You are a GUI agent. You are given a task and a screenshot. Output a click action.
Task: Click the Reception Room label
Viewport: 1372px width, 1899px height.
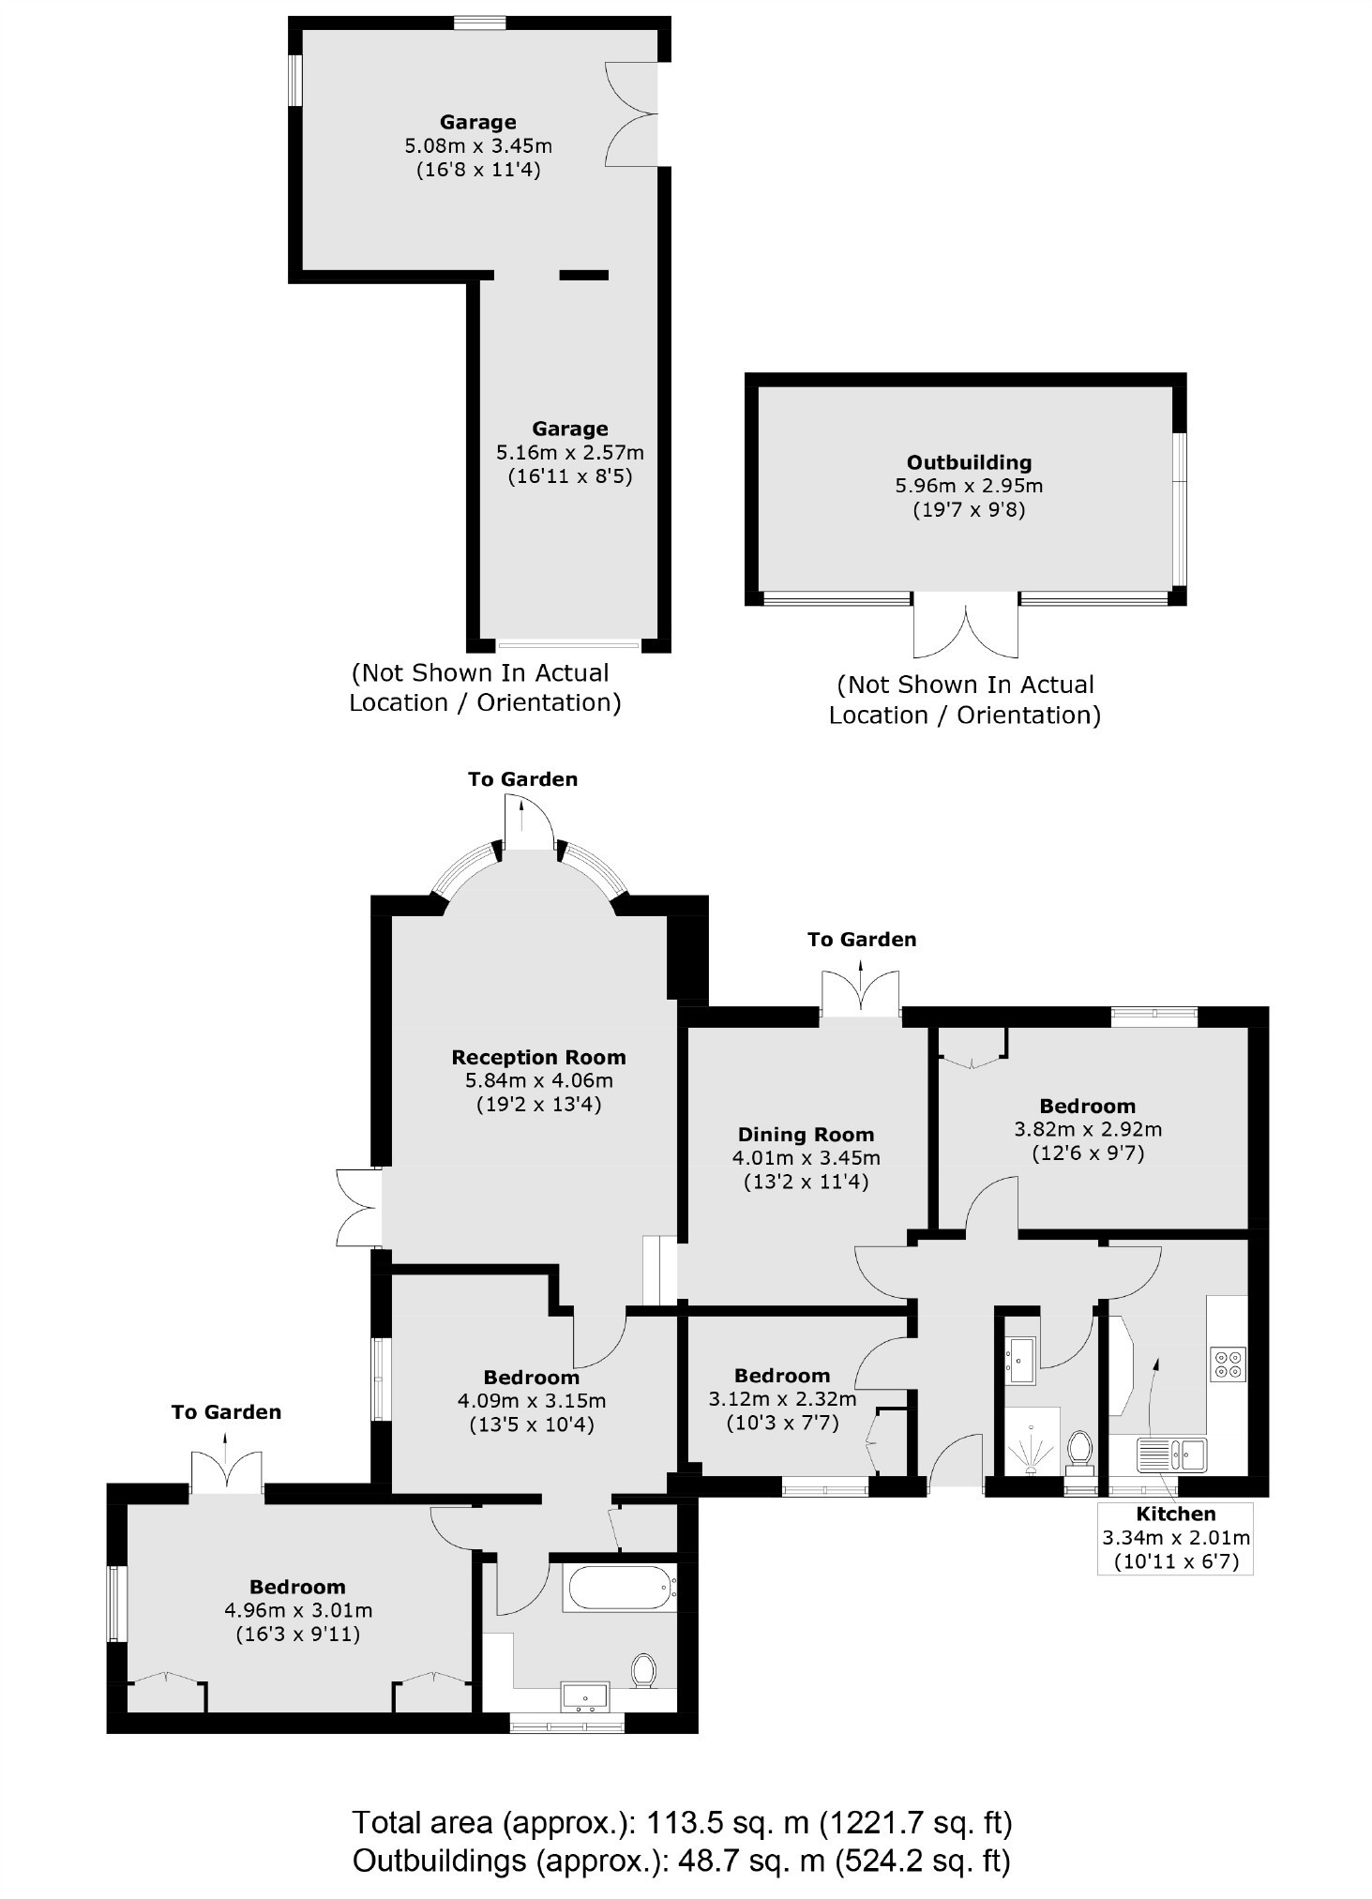point(538,1058)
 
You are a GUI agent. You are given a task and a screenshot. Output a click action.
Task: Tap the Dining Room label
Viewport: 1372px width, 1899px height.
point(806,1135)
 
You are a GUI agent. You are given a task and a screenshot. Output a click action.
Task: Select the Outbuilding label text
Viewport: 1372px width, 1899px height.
point(969,462)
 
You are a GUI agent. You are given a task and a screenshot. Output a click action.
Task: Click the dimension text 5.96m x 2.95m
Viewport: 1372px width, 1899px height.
point(969,486)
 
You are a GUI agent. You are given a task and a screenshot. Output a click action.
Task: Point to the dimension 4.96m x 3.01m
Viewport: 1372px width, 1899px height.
point(298,1611)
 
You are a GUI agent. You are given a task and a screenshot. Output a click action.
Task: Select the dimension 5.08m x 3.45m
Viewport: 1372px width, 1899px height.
point(478,145)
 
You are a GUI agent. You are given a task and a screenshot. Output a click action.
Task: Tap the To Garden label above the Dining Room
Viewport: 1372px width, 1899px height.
point(862,940)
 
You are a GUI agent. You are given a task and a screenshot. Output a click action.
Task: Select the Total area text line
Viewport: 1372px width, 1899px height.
point(683,1823)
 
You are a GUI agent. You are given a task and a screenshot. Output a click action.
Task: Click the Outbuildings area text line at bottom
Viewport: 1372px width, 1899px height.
point(682,1861)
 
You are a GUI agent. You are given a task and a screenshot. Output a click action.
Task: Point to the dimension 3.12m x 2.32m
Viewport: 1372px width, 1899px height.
point(782,1400)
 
